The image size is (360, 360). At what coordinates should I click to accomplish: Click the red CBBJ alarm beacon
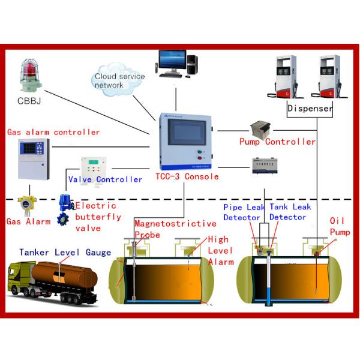(29, 75)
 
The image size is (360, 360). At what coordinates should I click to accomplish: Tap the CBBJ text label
(28, 100)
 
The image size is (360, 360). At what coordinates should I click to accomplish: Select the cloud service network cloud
(119, 80)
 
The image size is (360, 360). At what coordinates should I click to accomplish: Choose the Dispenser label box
(310, 109)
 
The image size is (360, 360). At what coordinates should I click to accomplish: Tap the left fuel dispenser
(287, 77)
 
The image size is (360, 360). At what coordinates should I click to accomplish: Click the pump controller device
(261, 128)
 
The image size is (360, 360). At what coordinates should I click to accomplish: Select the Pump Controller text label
(277, 142)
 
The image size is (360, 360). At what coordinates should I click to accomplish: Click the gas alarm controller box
(34, 158)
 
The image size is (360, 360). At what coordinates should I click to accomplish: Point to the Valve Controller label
(106, 179)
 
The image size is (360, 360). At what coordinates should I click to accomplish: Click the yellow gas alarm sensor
(25, 206)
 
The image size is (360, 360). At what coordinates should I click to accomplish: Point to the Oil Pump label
(338, 226)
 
